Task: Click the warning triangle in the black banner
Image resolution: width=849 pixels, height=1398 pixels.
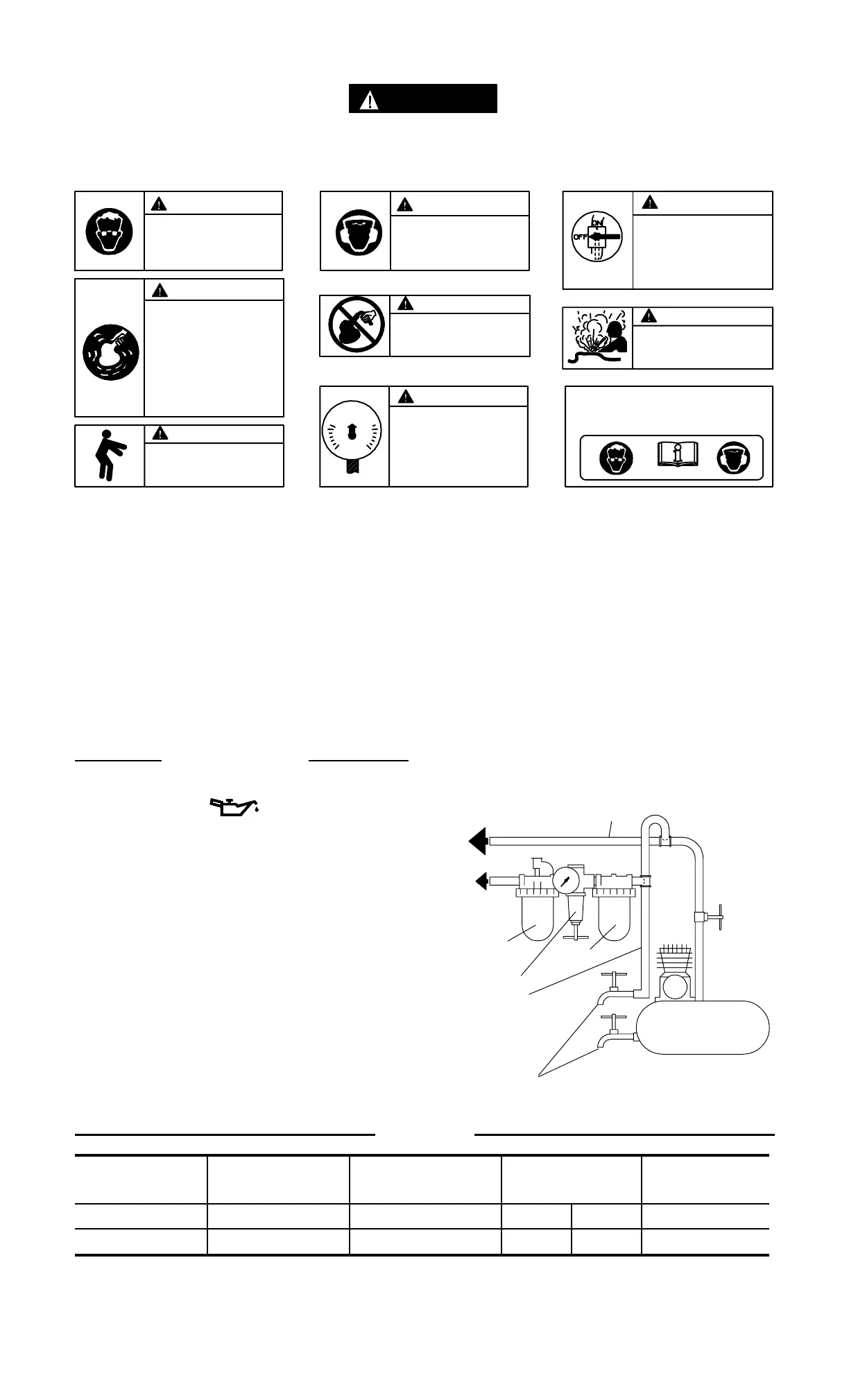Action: [x=370, y=100]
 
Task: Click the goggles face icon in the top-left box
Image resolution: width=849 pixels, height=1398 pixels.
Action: [x=110, y=231]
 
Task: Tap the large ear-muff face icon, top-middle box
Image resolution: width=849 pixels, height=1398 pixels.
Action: [x=355, y=232]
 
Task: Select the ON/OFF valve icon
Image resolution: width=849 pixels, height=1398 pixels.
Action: [x=597, y=237]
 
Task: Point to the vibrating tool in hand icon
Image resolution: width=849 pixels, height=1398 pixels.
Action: [x=110, y=351]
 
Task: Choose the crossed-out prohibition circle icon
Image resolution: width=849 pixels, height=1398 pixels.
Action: [x=355, y=326]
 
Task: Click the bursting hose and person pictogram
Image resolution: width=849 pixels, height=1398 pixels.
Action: [x=597, y=338]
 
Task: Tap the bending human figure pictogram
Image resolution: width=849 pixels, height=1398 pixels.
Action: [x=110, y=455]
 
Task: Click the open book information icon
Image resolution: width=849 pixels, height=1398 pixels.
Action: [x=676, y=456]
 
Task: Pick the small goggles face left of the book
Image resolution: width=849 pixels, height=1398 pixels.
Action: [x=615, y=458]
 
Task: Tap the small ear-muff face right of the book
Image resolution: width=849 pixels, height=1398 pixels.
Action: [x=733, y=458]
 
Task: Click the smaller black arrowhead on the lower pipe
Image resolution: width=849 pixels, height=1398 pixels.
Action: [x=481, y=881]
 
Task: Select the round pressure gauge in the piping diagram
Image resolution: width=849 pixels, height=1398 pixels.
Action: [x=565, y=881]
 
